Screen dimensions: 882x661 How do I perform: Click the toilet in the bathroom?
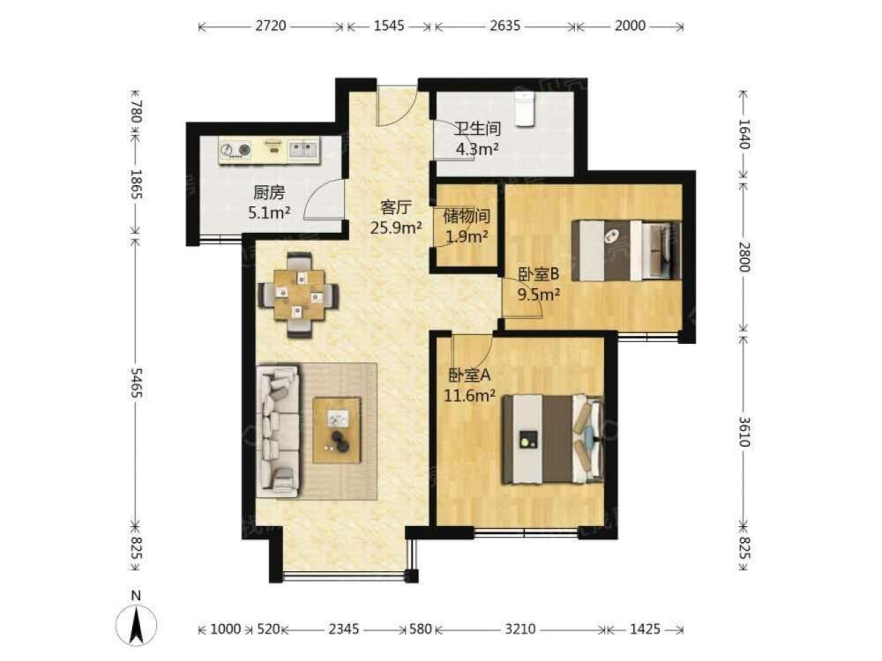pyautogui.click(x=524, y=108)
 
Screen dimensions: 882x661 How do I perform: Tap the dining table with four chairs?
pyautogui.click(x=299, y=295)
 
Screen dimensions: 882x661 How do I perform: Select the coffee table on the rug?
pyautogui.click(x=337, y=430)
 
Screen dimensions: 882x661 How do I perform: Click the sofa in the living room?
pyautogui.click(x=278, y=432)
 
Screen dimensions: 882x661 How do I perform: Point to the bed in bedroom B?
pyautogui.click(x=626, y=250)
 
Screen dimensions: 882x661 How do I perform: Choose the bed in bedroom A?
pyautogui.click(x=553, y=439)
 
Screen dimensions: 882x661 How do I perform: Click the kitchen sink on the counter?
pyautogui.click(x=303, y=149)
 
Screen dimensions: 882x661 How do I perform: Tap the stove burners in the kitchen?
pyautogui.click(x=235, y=150)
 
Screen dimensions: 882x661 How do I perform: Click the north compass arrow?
pyautogui.click(x=136, y=624)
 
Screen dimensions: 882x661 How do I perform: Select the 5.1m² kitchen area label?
pyautogui.click(x=269, y=212)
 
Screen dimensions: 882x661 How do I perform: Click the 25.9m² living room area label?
pyautogui.click(x=397, y=227)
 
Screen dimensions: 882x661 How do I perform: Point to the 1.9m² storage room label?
pyautogui.click(x=467, y=236)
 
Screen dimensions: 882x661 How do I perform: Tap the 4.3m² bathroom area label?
pyautogui.click(x=477, y=150)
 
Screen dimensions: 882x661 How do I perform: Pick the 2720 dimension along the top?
pyautogui.click(x=271, y=26)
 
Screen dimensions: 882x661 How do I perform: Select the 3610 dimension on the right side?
pyautogui.click(x=744, y=432)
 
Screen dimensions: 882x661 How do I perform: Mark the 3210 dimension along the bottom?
pyautogui.click(x=520, y=629)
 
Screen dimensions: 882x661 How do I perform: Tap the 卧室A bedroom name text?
pyautogui.click(x=470, y=375)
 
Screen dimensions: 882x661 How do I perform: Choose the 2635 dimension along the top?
pyautogui.click(x=505, y=26)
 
